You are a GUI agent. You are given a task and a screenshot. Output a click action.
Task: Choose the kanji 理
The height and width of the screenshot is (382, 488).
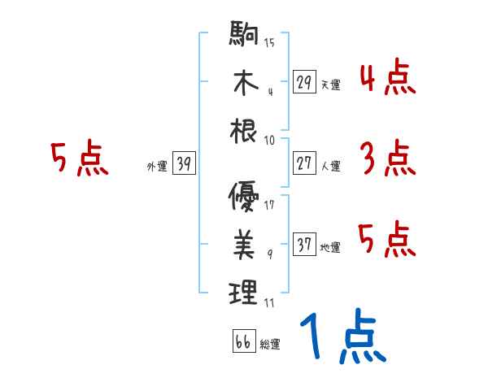[x=244, y=291]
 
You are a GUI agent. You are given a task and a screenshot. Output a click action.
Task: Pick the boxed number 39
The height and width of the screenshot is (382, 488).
[x=184, y=164]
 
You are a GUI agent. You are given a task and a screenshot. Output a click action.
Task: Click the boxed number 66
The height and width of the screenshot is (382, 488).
[x=243, y=341]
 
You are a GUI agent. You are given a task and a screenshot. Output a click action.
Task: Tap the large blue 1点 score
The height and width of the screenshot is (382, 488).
[x=342, y=338]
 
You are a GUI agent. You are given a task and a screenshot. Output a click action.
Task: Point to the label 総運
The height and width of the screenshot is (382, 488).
[x=270, y=344]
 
